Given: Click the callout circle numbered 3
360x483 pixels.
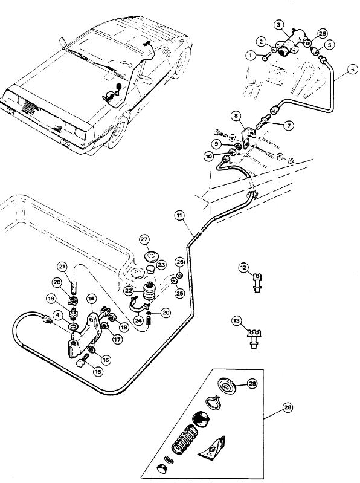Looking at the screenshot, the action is (279, 25).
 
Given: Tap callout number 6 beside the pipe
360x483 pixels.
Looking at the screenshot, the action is (353, 70).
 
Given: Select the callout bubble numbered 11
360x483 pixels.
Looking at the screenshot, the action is (179, 216).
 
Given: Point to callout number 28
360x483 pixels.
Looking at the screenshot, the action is (288, 407).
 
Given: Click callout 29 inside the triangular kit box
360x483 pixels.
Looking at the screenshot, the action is (252, 383).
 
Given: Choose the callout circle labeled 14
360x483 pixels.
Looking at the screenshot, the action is (91, 299).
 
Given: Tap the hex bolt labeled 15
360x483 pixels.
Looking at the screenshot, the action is (82, 361).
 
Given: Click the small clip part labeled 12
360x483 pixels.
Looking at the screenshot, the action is (256, 282).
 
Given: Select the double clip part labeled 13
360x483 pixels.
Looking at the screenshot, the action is (254, 339).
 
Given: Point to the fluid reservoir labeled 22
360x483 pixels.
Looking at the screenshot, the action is (149, 291).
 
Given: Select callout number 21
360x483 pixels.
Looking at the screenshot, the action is (63, 267).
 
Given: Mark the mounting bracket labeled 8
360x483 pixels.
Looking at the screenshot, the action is (248, 138).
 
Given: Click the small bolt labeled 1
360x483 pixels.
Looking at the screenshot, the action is (265, 57).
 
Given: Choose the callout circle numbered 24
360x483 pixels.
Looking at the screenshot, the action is (139, 320).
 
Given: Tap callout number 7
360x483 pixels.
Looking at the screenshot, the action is (289, 125).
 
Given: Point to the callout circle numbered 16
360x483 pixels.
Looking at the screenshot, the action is (106, 360).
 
